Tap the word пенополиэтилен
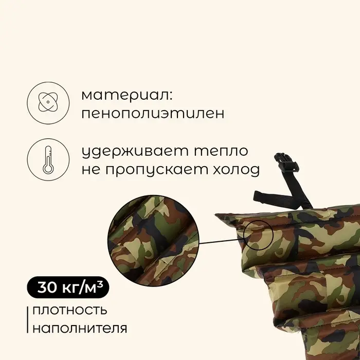pyautogui.click(x=153, y=114)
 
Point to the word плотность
pyautogui.click(x=69, y=311)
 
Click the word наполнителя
pyautogui.click(x=79, y=328)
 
